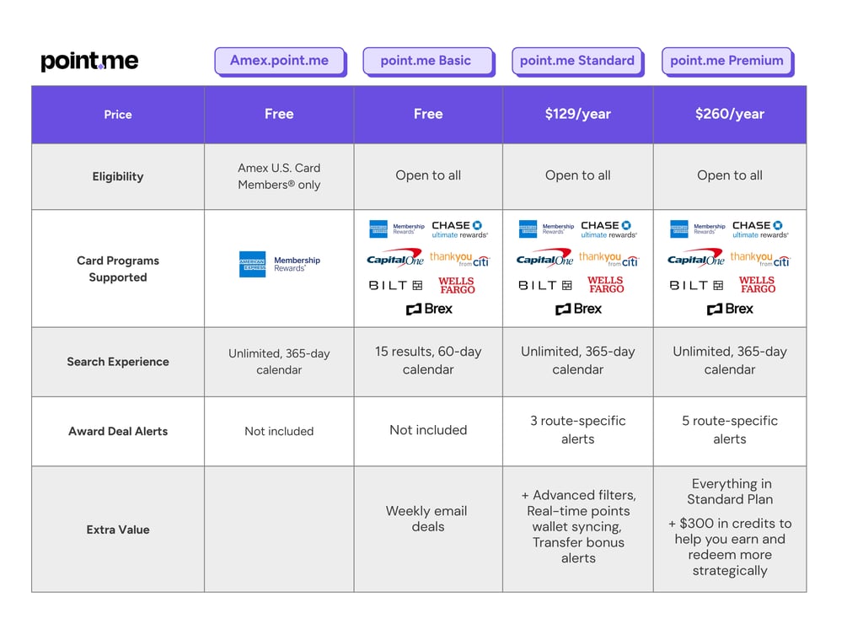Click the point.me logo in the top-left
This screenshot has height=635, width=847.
pos(89,61)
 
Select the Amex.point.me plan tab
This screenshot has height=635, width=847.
pos(279,61)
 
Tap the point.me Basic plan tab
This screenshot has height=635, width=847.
pos(426,61)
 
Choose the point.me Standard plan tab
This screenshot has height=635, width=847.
pos(577,61)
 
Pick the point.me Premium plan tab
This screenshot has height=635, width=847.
pos(726,61)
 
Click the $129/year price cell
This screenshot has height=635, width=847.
pos(577,114)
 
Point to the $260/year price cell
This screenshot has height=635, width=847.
pos(729,114)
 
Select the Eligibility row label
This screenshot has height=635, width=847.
pos(118,176)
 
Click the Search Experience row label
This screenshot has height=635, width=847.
pos(118,362)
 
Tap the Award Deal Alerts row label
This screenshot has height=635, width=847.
pos(118,431)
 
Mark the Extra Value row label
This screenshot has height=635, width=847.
pos(118,530)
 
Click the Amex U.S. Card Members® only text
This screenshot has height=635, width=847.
pos(279,176)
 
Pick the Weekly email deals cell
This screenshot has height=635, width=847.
pos(427,519)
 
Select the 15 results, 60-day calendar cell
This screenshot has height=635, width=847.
pos(428,360)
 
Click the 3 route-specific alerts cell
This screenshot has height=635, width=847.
pos(578,429)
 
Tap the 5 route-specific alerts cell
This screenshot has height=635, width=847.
pos(730,429)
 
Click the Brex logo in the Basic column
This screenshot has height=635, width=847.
pos(429,309)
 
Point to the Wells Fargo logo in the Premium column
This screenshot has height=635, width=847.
pos(757,285)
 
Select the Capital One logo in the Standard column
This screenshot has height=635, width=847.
pos(544,258)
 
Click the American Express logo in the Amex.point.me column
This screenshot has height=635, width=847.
pos(252,264)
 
